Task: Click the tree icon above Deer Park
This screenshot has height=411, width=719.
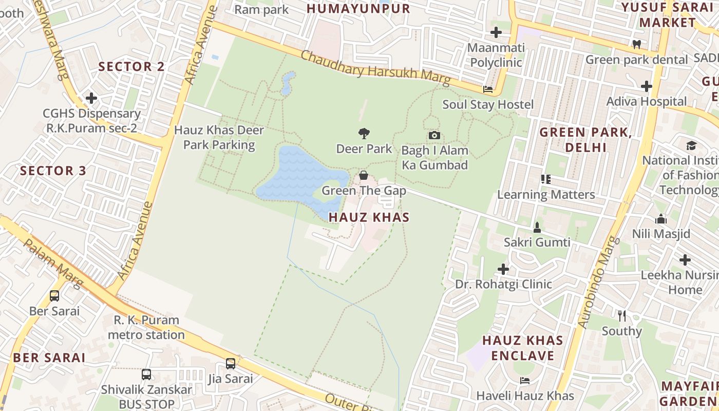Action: click(x=364, y=134)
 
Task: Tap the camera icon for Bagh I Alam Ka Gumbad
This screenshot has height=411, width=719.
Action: click(x=434, y=136)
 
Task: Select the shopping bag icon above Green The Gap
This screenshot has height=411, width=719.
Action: click(x=364, y=176)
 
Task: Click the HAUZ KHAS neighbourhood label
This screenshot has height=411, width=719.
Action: click(x=369, y=217)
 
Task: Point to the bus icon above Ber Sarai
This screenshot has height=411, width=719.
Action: click(x=54, y=296)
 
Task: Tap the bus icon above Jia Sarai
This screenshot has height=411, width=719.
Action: click(x=231, y=364)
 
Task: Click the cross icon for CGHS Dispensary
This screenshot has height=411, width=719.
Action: click(x=91, y=98)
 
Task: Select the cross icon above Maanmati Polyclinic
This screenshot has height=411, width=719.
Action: click(x=496, y=32)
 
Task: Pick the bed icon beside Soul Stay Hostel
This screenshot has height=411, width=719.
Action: click(x=488, y=89)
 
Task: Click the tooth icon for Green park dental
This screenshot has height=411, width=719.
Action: click(x=637, y=44)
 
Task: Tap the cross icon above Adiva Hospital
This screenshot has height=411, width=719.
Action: click(x=646, y=86)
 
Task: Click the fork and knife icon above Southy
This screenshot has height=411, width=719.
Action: click(x=622, y=315)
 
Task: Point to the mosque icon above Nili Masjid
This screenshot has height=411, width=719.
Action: click(x=661, y=219)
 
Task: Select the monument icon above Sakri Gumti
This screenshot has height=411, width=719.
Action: click(x=537, y=227)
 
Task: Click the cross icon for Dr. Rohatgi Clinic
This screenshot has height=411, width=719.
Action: click(x=503, y=269)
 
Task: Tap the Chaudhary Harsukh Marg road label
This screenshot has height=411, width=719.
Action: click(x=375, y=68)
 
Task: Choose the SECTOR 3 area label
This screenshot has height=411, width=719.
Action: click(x=53, y=171)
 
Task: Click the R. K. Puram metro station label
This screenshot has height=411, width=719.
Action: click(x=146, y=327)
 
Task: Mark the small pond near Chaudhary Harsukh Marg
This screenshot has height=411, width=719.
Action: click(x=288, y=83)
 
